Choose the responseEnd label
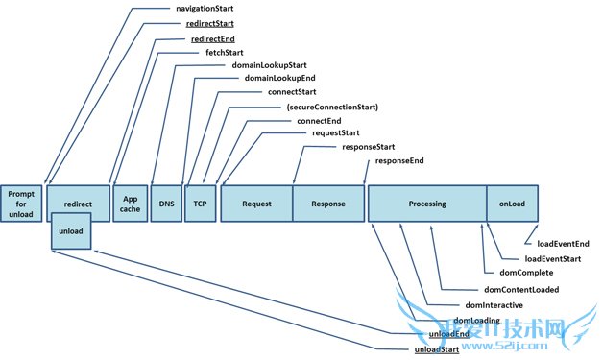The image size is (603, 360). point(399,162)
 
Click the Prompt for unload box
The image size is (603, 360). point(21,204)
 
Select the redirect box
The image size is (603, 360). point(78,204)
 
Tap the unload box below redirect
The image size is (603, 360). point(71,232)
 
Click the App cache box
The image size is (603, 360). point(130,204)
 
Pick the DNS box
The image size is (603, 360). point(165,204)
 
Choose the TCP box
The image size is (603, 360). point(200,204)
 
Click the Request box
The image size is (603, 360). point(256,204)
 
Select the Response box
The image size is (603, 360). point(327,204)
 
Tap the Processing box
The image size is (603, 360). point(426,204)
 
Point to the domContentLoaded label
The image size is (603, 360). point(521,289)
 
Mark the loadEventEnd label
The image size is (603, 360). point(563,244)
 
